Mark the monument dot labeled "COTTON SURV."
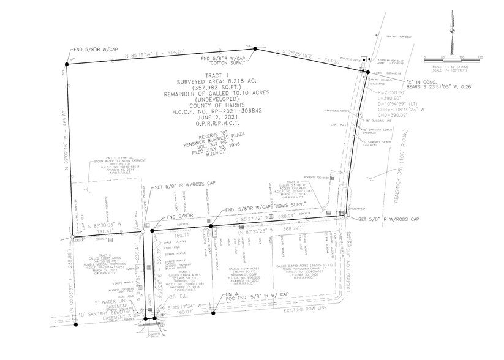click(x=255, y=48)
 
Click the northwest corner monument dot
click(x=66, y=64)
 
